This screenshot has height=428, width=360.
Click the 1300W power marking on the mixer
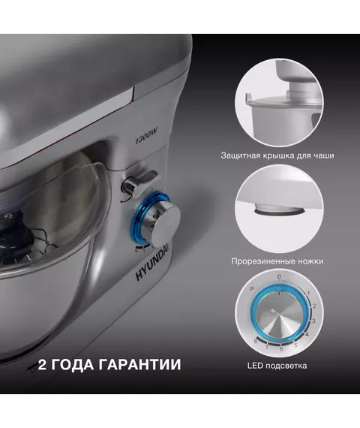click(x=146, y=136)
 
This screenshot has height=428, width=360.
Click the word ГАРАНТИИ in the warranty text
click(x=139, y=364)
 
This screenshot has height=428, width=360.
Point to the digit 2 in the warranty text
click(x=42, y=364)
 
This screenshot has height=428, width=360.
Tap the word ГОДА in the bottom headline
click(x=72, y=365)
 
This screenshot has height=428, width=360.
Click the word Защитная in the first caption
click(x=240, y=156)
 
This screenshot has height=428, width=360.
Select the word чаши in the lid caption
click(x=324, y=156)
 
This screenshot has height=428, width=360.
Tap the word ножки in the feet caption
click(x=310, y=261)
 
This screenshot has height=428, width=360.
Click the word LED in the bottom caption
click(x=255, y=366)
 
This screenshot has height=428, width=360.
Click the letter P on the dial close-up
click(x=252, y=288)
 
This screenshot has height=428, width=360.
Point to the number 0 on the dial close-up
click(x=279, y=277)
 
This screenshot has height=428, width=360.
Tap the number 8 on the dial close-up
click(x=256, y=341)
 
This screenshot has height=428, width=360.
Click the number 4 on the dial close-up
click(x=307, y=334)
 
